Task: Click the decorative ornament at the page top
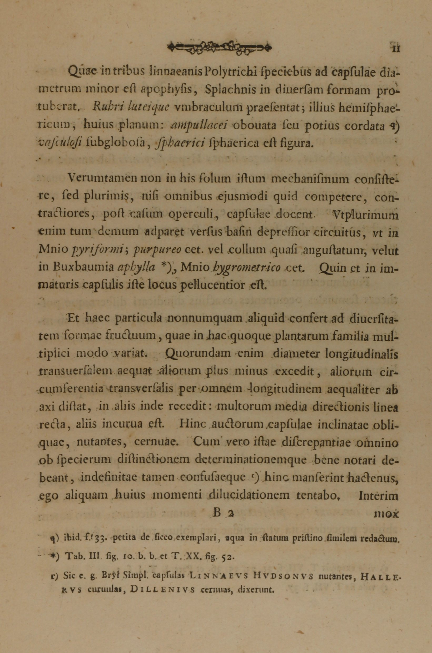219,48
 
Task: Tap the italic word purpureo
157,250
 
